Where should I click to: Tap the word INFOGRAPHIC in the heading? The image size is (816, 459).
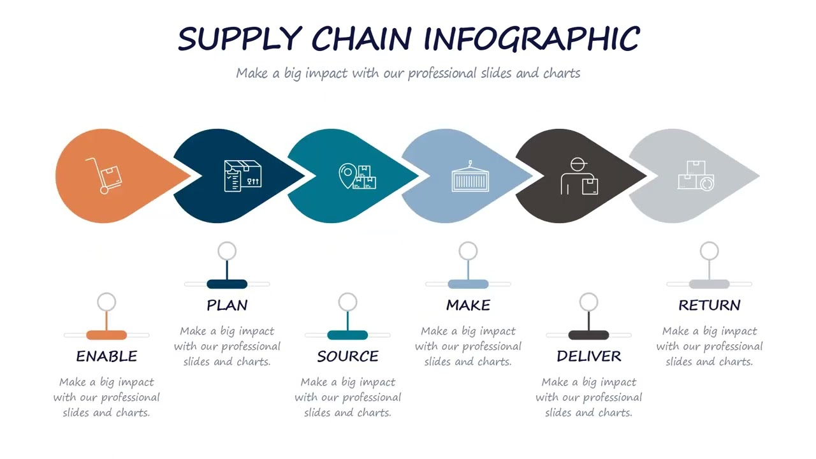(x=532, y=39)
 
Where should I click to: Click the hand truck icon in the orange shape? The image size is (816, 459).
(x=103, y=175)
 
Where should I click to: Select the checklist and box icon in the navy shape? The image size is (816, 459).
(x=242, y=175)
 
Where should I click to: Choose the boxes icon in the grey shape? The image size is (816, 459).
(x=696, y=175)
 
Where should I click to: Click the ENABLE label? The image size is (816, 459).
(x=106, y=356)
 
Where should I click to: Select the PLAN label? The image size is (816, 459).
(x=227, y=305)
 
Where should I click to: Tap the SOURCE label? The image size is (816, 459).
(x=347, y=356)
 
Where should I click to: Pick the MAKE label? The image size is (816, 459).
(x=468, y=305)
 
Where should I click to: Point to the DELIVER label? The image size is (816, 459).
(x=588, y=356)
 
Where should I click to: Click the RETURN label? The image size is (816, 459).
(x=709, y=305)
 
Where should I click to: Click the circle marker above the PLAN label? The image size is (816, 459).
(x=227, y=251)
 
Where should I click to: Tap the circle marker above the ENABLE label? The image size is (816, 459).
(x=106, y=302)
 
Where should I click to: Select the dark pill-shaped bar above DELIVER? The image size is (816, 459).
(x=588, y=335)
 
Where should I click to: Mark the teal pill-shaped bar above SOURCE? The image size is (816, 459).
(x=347, y=335)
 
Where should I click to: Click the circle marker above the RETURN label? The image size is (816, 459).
(x=709, y=251)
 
